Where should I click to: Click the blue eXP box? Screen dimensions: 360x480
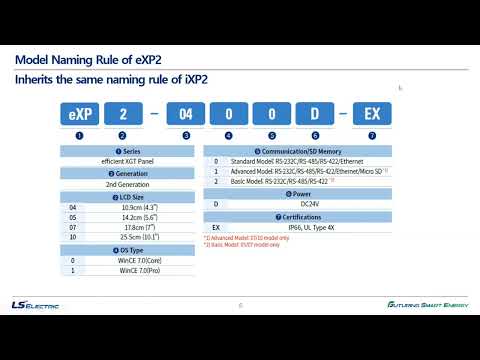pyautogui.click(x=78, y=110)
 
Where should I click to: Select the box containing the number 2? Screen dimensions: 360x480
pyautogui.click(x=122, y=110)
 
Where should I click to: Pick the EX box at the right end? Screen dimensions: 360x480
pyautogui.click(x=371, y=110)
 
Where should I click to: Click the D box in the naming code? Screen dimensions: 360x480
pyautogui.click(x=315, y=110)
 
